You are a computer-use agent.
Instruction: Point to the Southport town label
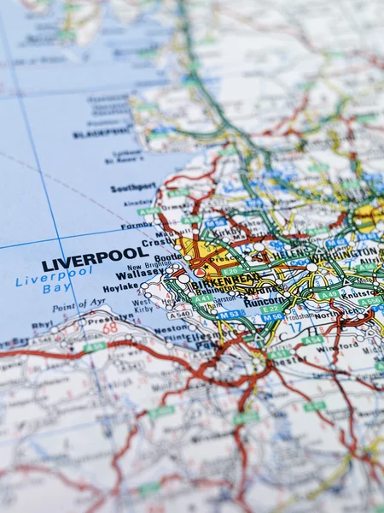[x=133, y=187]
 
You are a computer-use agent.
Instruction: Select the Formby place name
[x=137, y=226]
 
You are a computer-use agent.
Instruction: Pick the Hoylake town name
[x=120, y=287]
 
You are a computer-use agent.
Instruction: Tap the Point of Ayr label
[x=79, y=305]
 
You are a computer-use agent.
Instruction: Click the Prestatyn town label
[x=111, y=315]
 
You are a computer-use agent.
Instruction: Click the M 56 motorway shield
[x=272, y=317]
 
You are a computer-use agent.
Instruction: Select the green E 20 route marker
[x=231, y=270]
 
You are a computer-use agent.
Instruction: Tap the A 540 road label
[x=180, y=314]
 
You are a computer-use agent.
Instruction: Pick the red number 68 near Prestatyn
[x=109, y=327]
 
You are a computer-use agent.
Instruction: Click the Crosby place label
[x=157, y=242]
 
